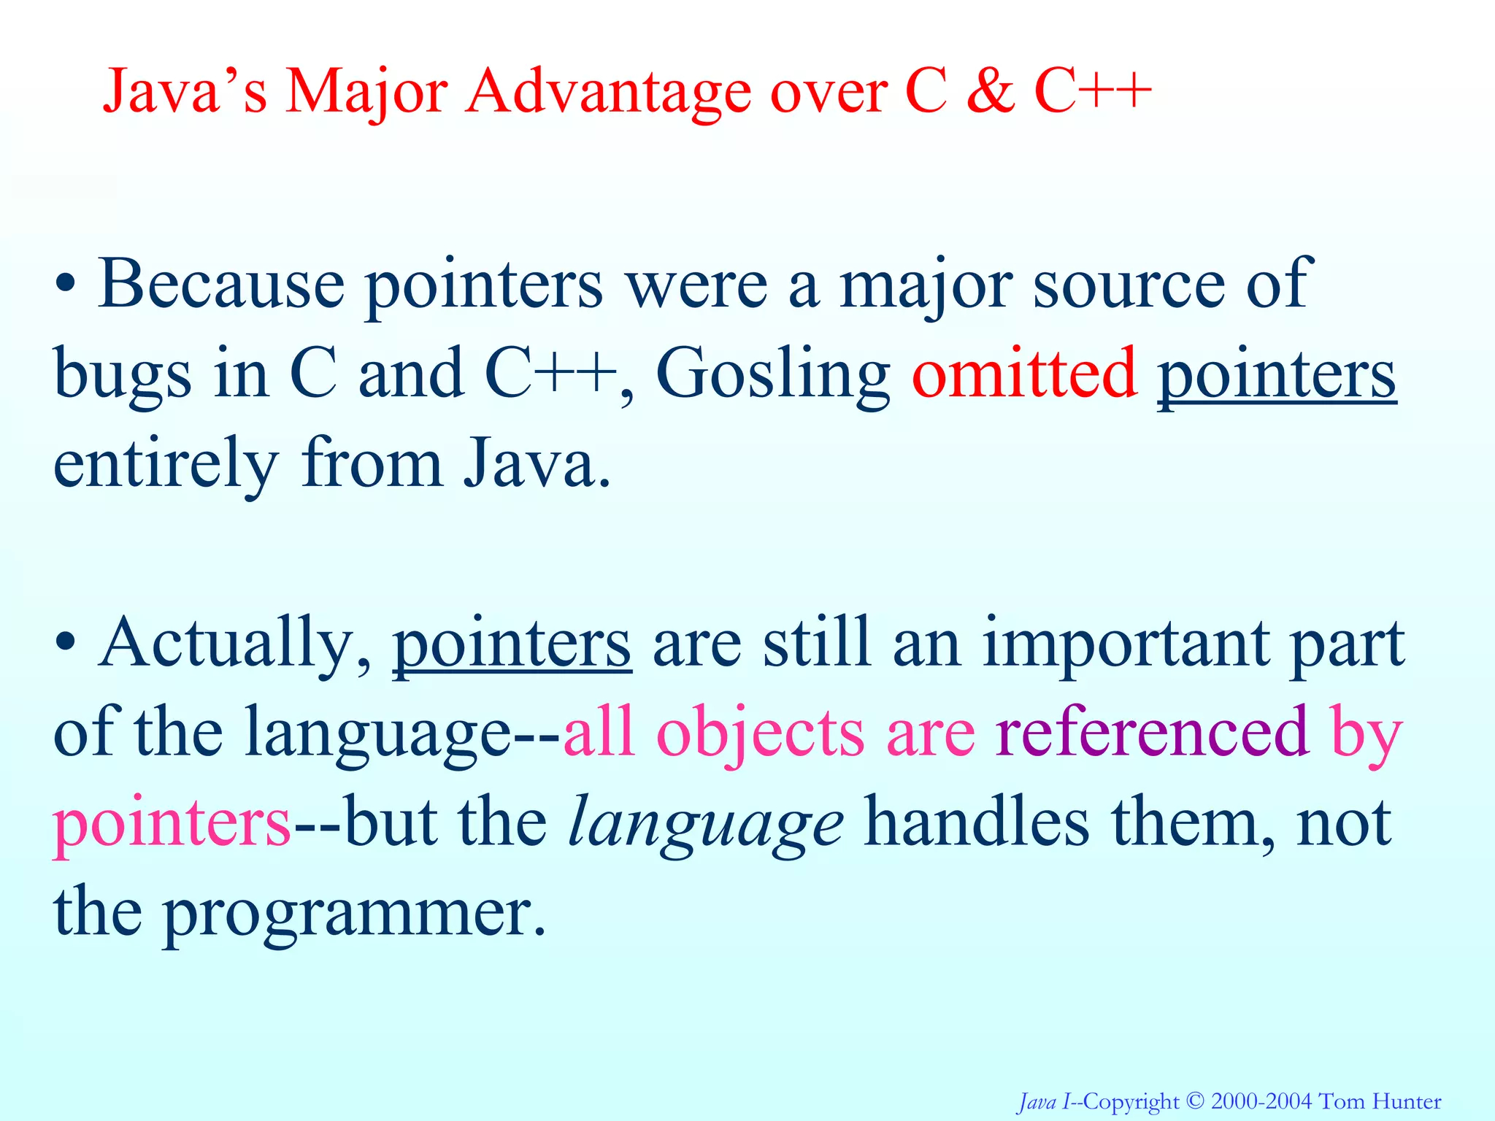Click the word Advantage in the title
609,93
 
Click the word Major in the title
366,93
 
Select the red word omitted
1024,374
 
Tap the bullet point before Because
66,285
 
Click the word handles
977,823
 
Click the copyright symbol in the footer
1195,1101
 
